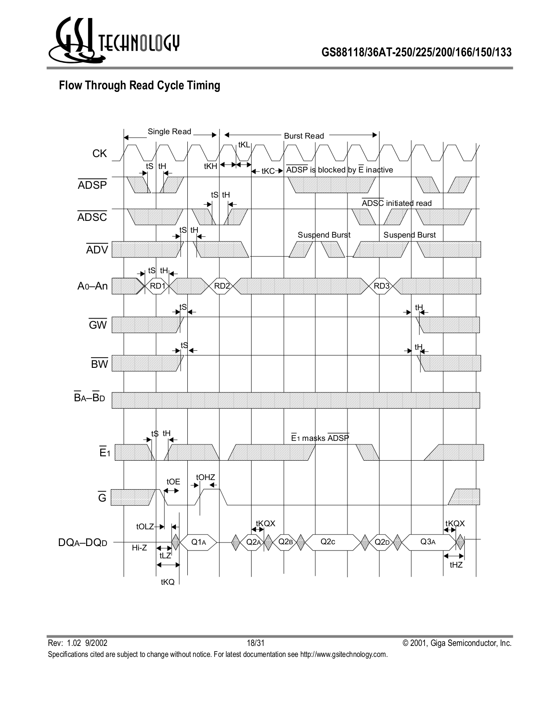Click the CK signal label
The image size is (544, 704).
coord(99,154)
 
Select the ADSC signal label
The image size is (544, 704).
coord(92,217)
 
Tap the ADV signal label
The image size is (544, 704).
coord(97,250)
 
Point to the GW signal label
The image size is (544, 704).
coord(98,325)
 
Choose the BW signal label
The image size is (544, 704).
coord(99,364)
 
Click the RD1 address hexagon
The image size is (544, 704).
coord(157,286)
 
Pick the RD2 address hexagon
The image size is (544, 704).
coord(222,286)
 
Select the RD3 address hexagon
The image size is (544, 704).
coord(381,286)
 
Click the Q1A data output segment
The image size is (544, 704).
coord(199,542)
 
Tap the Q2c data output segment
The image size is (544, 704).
coord(328,542)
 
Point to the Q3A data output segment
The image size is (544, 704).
coord(427,542)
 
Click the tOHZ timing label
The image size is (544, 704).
coord(205,477)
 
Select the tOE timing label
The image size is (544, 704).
coord(173,482)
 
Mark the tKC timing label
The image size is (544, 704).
coord(268,171)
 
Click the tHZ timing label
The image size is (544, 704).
coord(456,565)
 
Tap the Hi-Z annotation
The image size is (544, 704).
coord(139,548)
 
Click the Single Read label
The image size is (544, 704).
coord(169,132)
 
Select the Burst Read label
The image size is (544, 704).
coord(304,136)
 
